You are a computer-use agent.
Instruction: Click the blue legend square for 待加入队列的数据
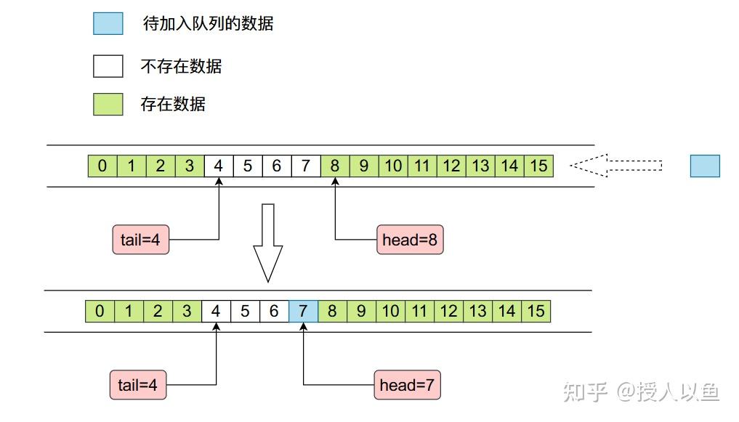coord(108,23)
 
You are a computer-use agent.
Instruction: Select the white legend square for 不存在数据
coord(108,66)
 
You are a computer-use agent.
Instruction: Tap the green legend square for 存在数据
coord(108,104)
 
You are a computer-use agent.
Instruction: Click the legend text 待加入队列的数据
coord(209,23)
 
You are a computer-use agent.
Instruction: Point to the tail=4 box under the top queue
coord(140,240)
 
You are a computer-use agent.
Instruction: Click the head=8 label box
coord(410,240)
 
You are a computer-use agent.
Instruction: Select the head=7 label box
coord(407,385)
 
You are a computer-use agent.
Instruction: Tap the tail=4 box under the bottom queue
coord(138,385)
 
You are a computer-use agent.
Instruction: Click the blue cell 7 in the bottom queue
coord(303,311)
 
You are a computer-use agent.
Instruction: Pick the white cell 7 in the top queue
coord(306,166)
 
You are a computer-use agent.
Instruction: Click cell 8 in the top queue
coord(335,166)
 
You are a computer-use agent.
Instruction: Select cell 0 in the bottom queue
coord(100,311)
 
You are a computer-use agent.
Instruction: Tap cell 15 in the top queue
coord(538,166)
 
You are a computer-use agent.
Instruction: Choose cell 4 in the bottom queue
coord(216,311)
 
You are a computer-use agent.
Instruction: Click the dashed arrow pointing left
coord(616,166)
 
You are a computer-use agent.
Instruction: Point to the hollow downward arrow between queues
coord(267,243)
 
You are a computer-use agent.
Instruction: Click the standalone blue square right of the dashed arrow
coord(705,166)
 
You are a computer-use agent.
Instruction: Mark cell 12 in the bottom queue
coord(448,311)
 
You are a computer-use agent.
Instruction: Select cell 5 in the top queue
coord(248,166)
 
